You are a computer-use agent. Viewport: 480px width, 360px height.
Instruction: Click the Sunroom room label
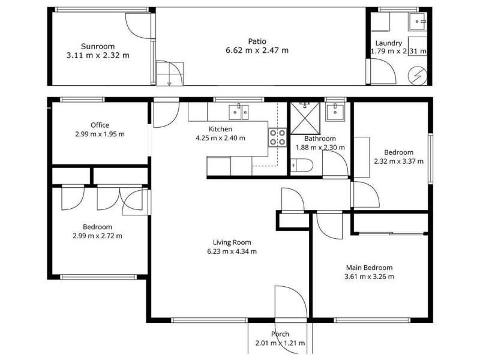point(98,47)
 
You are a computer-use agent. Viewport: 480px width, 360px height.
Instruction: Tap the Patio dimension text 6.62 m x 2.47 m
point(257,50)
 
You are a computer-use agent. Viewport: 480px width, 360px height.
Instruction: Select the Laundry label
point(388,43)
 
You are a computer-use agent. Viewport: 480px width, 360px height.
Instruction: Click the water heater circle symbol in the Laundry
point(417,76)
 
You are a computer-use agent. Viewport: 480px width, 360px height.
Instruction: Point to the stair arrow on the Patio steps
point(169,81)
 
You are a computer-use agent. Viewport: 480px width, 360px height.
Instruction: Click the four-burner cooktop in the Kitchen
point(277,137)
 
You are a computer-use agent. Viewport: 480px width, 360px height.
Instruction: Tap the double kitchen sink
point(239,112)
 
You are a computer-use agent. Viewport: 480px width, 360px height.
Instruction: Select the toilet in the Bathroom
point(302,166)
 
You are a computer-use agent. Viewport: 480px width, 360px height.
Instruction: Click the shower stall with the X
point(305,118)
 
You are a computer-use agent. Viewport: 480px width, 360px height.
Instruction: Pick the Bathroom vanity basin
point(335,112)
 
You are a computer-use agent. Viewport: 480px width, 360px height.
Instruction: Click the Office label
point(100,125)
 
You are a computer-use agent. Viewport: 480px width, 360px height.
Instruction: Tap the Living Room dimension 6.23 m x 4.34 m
point(232,251)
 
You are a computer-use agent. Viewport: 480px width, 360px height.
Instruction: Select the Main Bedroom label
point(369,268)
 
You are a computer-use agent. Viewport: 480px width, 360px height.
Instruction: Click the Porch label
point(280,334)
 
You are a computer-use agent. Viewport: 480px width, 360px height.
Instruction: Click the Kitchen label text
point(220,129)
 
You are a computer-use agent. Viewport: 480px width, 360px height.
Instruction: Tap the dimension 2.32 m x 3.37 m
point(398,161)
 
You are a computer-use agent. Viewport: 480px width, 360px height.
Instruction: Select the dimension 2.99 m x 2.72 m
point(97,236)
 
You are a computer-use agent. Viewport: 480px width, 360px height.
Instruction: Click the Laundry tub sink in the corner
point(417,22)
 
